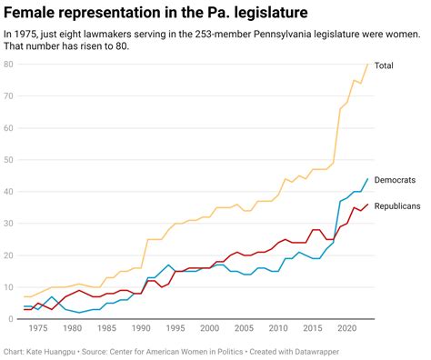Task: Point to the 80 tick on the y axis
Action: coord(8,65)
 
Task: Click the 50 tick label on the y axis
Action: coord(8,160)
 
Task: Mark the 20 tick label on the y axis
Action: coord(8,255)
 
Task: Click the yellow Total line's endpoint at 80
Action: coord(367,65)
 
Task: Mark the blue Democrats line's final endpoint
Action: coord(367,179)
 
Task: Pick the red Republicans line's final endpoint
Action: coord(367,205)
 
